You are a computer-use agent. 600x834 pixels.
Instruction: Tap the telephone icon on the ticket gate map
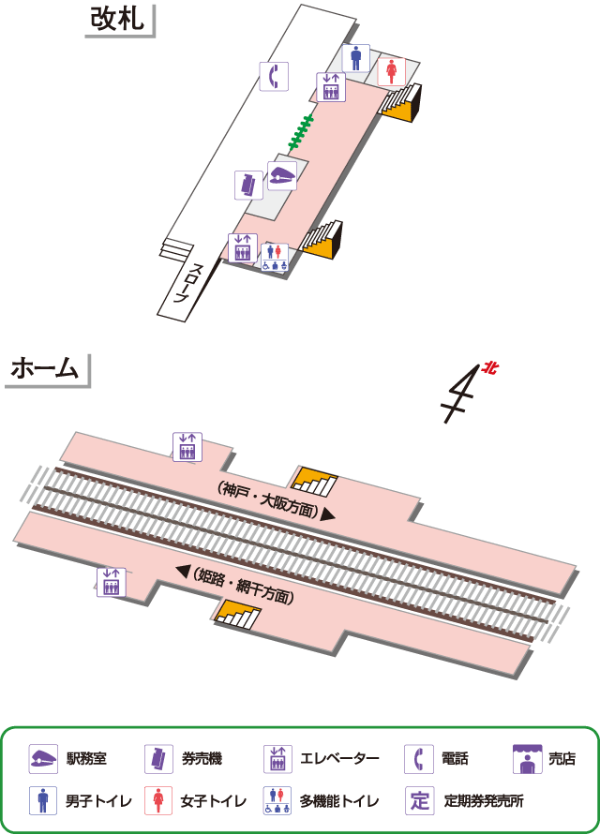point(273,76)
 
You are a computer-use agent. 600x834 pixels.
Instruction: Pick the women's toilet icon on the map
point(393,70)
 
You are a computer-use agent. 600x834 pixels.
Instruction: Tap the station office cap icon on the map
point(282,174)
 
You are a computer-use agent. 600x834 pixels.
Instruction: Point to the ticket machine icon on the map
point(247,185)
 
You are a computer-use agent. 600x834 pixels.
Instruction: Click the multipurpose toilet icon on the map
point(274,257)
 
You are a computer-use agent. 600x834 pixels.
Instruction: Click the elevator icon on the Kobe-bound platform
point(187,446)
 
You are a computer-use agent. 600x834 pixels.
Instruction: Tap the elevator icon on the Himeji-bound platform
point(111,582)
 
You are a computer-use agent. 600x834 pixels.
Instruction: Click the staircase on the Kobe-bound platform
point(315,480)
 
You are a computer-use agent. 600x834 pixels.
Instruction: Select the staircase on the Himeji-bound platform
point(237,614)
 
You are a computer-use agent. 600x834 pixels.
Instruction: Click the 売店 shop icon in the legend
point(528,759)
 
